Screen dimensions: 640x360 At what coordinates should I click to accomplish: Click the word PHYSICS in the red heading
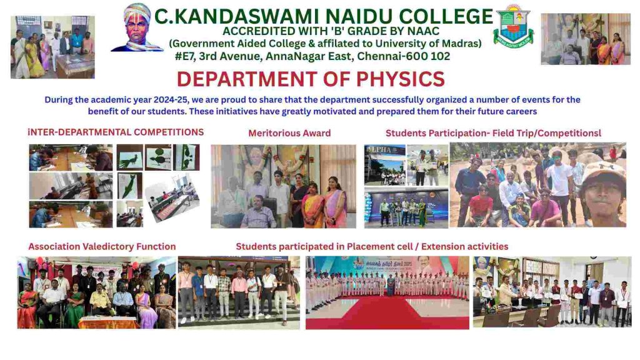coord(401,79)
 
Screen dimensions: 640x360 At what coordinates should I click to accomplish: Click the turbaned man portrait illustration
coord(137,27)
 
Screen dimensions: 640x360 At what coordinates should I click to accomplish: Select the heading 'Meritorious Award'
coord(289,133)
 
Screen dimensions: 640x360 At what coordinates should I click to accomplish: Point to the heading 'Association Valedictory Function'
coord(102,246)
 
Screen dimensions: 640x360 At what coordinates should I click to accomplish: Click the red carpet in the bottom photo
coord(387,312)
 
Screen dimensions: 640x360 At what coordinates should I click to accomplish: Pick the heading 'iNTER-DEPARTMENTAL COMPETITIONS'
coord(116,132)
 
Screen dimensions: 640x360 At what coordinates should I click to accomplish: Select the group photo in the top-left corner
coord(52,47)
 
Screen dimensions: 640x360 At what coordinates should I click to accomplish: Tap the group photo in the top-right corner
coord(585,39)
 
